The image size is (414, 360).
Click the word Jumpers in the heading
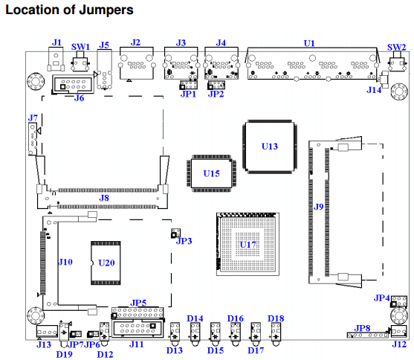106,10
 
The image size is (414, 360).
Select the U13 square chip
270,147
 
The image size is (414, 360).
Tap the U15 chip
212,173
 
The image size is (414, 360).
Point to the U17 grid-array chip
248,244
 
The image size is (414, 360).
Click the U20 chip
106,263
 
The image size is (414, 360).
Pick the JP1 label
188,94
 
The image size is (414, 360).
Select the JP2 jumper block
216,85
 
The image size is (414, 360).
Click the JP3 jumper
176,233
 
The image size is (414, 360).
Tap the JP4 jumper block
398,301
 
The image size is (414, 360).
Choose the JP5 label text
138,303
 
